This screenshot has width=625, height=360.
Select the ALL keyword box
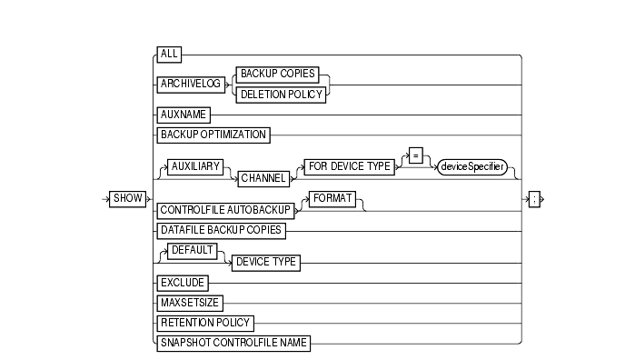click(x=169, y=55)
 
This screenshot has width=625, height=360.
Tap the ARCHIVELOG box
click(x=189, y=85)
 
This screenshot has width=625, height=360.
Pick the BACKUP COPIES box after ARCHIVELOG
click(x=281, y=76)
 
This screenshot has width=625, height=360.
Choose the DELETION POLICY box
click(x=281, y=94)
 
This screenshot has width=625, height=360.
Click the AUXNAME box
click(x=184, y=115)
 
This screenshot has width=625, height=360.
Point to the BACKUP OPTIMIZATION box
click(x=213, y=135)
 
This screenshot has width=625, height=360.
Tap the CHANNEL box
click(x=259, y=177)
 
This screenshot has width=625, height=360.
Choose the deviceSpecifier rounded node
click(x=472, y=169)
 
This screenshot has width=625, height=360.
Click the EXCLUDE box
click(x=182, y=284)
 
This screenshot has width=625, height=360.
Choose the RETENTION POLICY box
click(x=205, y=323)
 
